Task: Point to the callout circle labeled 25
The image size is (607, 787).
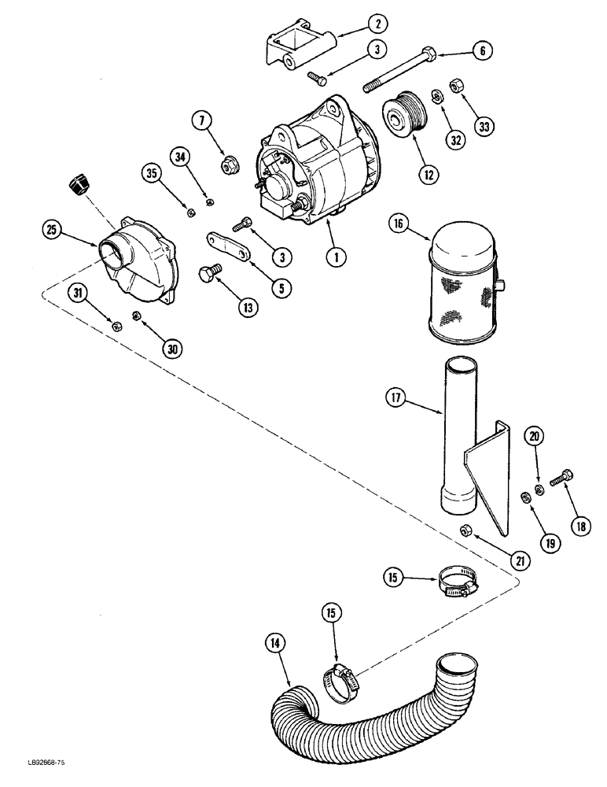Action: (x=52, y=231)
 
